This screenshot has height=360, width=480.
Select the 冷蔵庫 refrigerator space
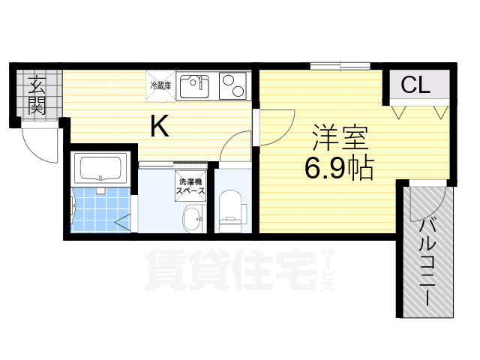point(160,85)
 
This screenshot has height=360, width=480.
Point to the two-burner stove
point(235,86)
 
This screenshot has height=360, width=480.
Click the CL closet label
point(415,85)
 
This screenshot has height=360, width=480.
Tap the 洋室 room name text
point(339,139)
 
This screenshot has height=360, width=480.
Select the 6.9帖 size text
point(339,170)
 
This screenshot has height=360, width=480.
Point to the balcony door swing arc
point(435,196)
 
